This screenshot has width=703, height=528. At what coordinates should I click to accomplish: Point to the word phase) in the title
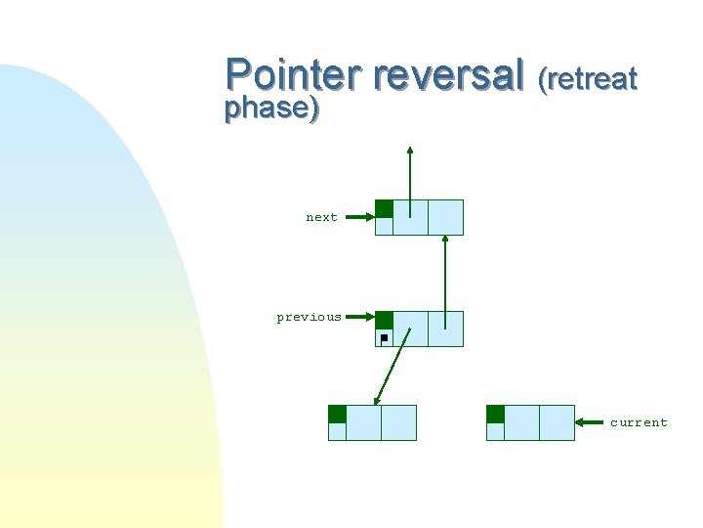click(x=271, y=109)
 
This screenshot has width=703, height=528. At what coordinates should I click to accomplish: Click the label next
click(x=321, y=217)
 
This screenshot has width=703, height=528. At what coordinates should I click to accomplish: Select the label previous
click(x=309, y=317)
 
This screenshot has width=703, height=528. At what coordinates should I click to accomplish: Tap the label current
click(x=639, y=422)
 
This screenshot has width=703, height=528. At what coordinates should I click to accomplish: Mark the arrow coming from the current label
click(x=591, y=422)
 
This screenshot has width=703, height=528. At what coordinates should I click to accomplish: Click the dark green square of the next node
click(x=385, y=208)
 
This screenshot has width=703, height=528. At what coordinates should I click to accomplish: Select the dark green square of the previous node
click(x=385, y=320)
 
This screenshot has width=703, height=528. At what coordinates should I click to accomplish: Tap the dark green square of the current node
click(x=495, y=414)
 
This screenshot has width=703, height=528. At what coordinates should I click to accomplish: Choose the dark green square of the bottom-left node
click(x=337, y=414)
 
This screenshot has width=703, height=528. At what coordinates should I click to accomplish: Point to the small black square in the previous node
click(x=384, y=337)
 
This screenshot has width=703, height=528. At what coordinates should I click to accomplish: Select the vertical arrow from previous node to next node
click(x=445, y=279)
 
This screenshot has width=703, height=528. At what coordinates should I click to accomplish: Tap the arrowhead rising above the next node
click(x=410, y=152)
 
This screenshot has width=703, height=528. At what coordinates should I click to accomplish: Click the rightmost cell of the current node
click(x=557, y=422)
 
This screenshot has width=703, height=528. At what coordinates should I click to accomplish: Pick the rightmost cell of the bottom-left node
click(x=398, y=422)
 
